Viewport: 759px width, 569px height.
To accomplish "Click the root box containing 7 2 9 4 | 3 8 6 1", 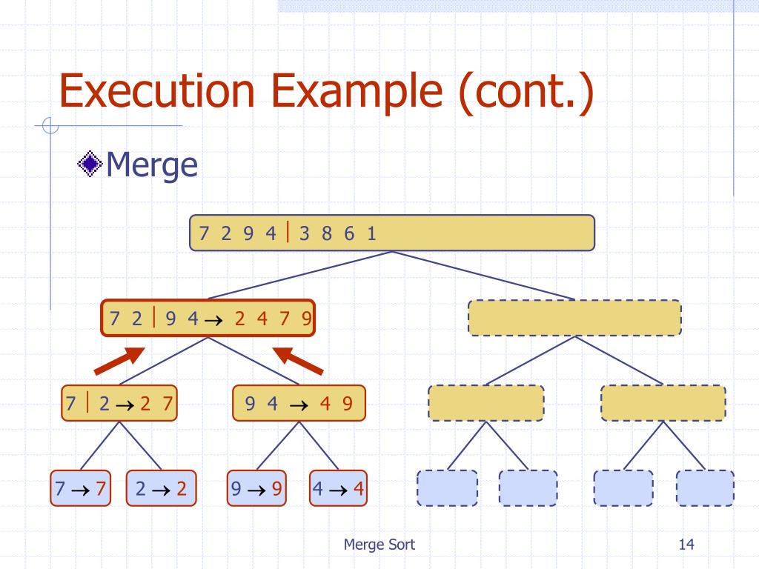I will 392,233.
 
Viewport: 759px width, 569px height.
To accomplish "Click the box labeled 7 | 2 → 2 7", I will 119,404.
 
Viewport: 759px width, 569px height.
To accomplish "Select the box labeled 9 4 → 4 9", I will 298,404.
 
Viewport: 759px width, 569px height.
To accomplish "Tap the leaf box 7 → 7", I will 81,488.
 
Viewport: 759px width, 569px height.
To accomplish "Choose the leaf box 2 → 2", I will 162,488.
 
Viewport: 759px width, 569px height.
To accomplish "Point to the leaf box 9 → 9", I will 256,488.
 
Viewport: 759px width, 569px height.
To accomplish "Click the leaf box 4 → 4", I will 338,488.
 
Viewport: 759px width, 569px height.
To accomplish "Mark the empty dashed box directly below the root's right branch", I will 574,318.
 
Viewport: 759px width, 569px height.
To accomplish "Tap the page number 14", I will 686,545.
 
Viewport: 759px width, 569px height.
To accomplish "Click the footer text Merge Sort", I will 379,545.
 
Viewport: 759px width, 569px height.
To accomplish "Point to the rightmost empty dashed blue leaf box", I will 704,488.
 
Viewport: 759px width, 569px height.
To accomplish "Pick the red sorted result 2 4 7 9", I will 273,319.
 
